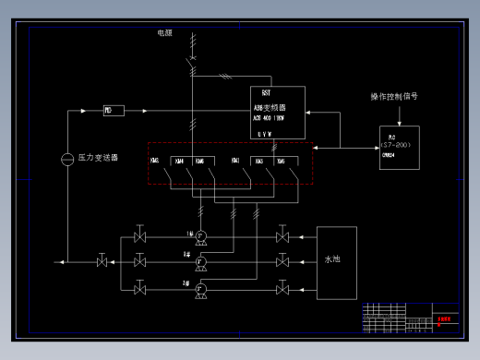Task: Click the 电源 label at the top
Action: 164,32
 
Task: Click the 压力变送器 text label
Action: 98,158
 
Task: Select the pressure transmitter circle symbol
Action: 66,159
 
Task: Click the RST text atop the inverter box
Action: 267,94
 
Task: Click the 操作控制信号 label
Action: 394,96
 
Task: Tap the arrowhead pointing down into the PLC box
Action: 399,123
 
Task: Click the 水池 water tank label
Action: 333,260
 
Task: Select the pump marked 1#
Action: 200,237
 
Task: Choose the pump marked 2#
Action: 200,263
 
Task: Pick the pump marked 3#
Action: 200,289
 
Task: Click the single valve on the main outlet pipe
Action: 102,262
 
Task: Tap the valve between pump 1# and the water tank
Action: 282,237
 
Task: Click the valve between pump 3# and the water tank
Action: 282,289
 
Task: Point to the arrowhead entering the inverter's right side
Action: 310,114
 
